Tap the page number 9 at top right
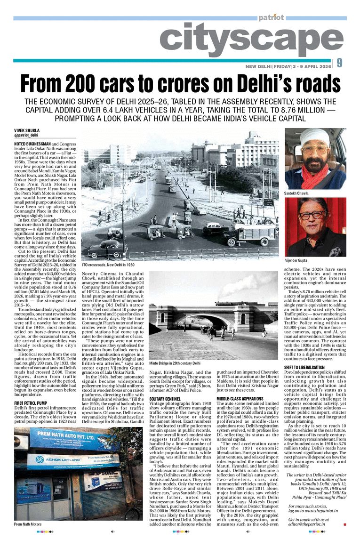point(340,63)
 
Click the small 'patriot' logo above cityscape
point(271,17)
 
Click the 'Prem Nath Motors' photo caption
point(28,524)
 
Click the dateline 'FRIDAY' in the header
point(281,66)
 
